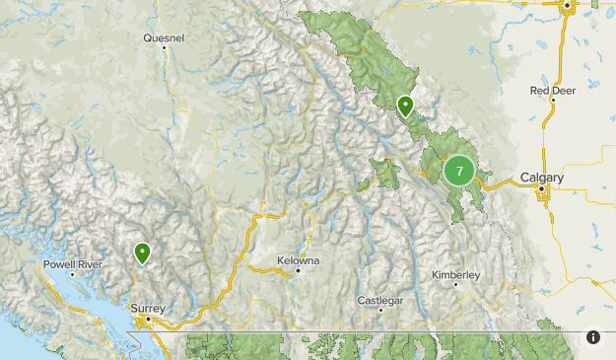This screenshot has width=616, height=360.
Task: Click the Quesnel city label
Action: tap(164, 38)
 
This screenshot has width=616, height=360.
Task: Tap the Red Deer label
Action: tap(552, 90)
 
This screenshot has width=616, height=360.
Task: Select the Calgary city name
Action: tap(542, 178)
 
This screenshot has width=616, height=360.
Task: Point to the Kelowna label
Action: tap(298, 260)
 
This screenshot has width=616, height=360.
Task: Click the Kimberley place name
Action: tap(455, 274)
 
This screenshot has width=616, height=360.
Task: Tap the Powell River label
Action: tap(72, 264)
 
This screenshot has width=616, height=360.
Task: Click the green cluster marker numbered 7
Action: tap(458, 172)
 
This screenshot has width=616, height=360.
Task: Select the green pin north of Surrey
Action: tap(143, 253)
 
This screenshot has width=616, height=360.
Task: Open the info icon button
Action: tap(593, 337)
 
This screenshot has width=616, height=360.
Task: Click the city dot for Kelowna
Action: tap(298, 270)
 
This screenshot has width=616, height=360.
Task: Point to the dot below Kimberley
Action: tap(455, 284)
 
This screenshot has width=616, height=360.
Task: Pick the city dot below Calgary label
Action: tap(542, 190)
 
